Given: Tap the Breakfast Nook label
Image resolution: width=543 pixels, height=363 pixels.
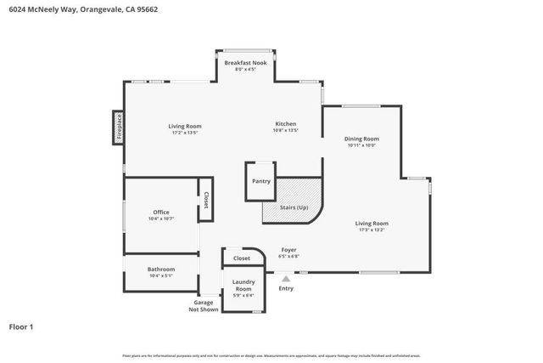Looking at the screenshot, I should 245,63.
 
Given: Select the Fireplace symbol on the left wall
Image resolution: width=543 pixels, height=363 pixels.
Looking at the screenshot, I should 120,128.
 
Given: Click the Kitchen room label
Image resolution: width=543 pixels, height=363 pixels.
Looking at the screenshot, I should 285,124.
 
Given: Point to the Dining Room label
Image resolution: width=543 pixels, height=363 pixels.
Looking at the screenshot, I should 361,139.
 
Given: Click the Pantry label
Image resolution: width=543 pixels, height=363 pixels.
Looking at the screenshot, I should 260,180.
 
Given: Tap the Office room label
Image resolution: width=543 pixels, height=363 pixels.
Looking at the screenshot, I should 161,213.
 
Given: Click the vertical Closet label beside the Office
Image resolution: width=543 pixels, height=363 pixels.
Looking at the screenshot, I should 205,200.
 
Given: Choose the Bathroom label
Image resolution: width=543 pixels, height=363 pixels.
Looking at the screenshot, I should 161,269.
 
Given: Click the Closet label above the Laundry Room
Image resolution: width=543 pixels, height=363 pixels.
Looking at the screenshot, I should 242,258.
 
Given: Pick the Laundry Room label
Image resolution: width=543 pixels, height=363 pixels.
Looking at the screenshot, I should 243,286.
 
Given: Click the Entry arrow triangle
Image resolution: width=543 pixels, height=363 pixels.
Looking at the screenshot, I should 286,277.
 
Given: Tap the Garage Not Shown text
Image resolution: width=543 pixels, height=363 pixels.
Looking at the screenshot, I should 204,306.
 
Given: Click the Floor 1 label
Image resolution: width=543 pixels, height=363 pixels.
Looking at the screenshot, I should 22,326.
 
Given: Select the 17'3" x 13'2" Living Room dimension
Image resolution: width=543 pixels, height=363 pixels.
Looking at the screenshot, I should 373,230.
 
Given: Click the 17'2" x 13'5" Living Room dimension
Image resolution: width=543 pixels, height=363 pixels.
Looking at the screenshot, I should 185,133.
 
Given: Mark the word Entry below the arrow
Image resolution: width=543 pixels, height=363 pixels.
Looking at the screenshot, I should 286,288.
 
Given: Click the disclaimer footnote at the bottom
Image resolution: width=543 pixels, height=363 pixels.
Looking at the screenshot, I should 271,355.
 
